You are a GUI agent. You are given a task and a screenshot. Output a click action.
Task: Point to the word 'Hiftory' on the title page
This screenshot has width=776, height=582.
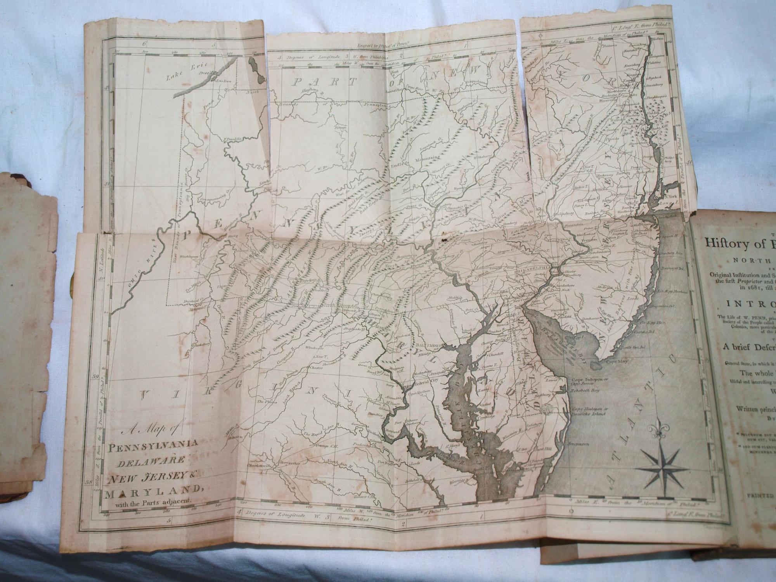(x=724, y=242)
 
